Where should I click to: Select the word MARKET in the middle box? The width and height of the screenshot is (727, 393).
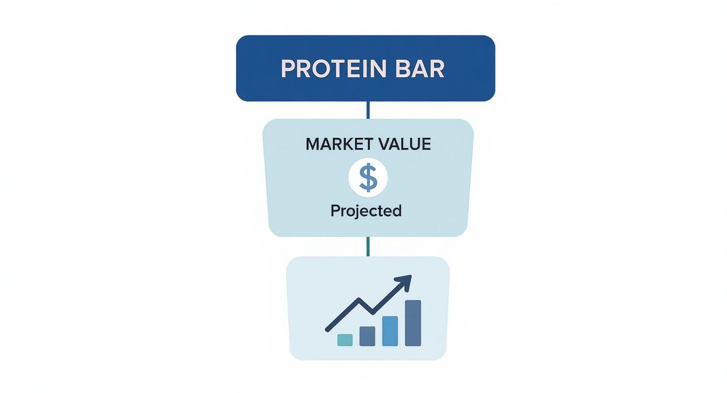[x=337, y=144]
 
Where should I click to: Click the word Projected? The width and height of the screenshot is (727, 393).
[x=366, y=211]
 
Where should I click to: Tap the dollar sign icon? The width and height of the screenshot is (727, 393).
[x=368, y=178]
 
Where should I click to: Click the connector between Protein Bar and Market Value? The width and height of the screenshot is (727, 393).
[x=368, y=110]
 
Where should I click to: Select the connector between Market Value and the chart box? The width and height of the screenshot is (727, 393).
[x=368, y=246]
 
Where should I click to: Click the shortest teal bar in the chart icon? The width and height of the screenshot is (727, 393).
[x=345, y=340]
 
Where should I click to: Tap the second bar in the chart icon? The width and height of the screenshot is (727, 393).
[x=367, y=336]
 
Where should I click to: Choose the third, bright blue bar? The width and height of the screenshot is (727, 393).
[x=390, y=331]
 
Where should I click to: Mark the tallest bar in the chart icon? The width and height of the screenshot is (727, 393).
[x=413, y=323]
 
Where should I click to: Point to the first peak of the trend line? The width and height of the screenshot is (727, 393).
[x=359, y=299]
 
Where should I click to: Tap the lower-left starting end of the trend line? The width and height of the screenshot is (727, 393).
[x=327, y=329]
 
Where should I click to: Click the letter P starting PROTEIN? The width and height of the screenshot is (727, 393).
[x=287, y=69]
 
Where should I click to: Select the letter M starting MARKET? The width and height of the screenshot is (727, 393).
[x=312, y=144]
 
